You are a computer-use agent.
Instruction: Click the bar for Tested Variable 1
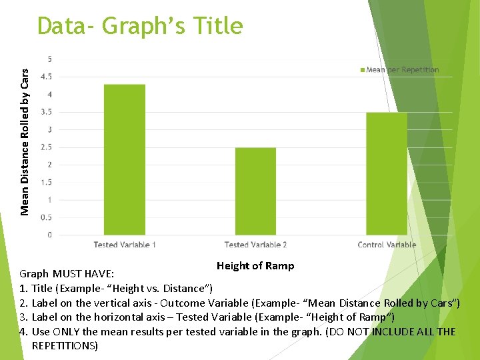pos(125,159)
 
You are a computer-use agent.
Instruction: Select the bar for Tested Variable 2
pos(255,191)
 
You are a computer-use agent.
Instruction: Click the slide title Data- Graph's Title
pos(140,26)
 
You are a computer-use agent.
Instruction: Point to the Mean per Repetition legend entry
pos(399,70)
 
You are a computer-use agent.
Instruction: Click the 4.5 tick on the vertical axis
pos(47,77)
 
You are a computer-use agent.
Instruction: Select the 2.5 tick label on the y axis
pos(47,147)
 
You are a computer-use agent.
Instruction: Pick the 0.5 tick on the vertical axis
pos(47,217)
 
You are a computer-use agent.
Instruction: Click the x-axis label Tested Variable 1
pos(125,245)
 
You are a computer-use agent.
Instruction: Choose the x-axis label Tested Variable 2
pos(255,245)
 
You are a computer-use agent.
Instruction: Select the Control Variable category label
pos(387,245)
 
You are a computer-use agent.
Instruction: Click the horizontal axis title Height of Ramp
pos(255,266)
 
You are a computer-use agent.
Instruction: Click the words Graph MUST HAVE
pos(67,274)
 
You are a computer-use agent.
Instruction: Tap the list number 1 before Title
pos(23,289)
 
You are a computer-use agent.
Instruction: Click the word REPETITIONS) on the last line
pos(65,346)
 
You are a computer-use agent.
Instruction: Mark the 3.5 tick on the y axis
pos(47,112)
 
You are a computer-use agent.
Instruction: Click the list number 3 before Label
pos(23,317)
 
